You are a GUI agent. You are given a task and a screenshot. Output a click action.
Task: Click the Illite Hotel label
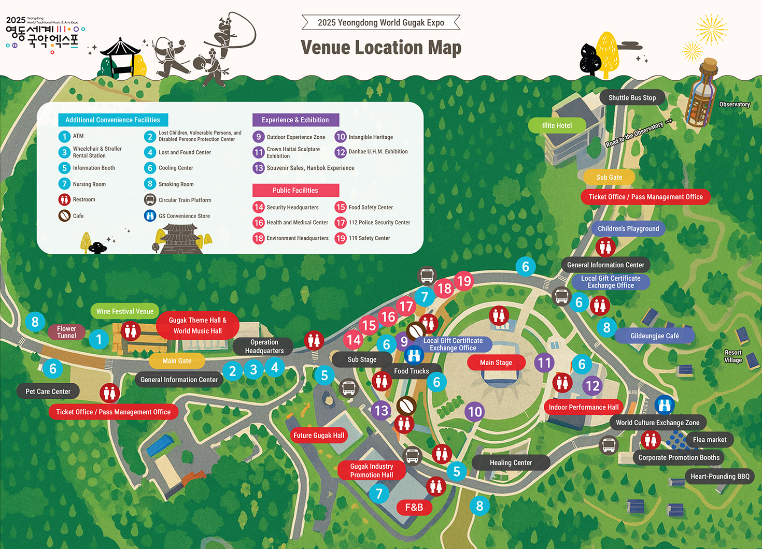tap(557, 125)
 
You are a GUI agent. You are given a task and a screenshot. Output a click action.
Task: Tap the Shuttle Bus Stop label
tap(632, 98)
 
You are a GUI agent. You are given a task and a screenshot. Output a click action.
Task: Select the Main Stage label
tap(496, 363)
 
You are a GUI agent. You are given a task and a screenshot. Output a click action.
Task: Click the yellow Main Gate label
tap(177, 360)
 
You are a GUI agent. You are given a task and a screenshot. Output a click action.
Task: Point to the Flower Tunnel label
tap(66, 332)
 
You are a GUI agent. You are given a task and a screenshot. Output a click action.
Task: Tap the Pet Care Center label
tap(48, 392)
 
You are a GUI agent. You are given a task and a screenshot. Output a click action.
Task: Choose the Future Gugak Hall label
tap(318, 436)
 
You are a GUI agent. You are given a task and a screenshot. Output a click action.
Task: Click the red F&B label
tap(414, 508)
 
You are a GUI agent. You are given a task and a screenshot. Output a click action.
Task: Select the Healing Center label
tap(511, 463)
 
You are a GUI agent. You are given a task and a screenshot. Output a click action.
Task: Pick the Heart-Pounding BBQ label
tap(719, 476)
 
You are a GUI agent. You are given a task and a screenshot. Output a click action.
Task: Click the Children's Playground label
tap(628, 228)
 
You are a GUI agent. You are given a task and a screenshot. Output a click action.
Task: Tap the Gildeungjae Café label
tap(654, 336)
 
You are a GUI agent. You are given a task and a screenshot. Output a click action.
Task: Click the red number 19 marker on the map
tap(464, 281)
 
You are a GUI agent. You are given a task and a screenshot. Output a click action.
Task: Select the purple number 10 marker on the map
tap(475, 412)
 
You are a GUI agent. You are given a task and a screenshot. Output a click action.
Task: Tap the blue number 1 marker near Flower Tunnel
tap(98, 339)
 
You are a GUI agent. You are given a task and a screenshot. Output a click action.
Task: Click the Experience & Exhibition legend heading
tap(295, 120)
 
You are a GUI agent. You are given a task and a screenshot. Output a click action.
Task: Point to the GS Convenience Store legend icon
tap(150, 215)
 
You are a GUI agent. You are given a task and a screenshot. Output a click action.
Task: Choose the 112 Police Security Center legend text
tap(379, 223)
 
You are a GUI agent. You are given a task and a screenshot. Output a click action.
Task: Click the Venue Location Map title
tap(380, 48)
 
